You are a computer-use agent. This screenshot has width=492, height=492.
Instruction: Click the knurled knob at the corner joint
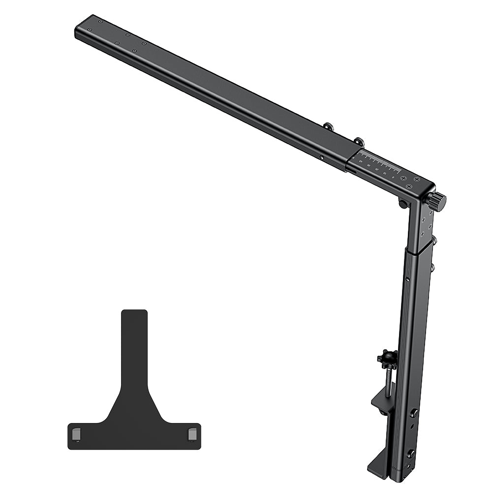[436, 201]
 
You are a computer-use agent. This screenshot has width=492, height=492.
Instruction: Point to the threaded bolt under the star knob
[388, 382]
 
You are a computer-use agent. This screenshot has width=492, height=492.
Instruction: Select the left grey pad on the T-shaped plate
[76, 433]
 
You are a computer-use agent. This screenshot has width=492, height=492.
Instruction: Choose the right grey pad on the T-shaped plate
[192, 433]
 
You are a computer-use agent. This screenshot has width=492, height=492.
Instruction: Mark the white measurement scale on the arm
[379, 161]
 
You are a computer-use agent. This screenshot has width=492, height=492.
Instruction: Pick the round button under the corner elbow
[403, 204]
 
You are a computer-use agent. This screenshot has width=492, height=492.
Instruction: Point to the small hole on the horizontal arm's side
[322, 157]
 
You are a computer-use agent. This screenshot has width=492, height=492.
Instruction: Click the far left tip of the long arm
[78, 31]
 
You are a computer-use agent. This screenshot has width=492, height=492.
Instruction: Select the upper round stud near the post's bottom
[414, 413]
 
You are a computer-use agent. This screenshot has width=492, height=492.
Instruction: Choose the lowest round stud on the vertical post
[410, 453]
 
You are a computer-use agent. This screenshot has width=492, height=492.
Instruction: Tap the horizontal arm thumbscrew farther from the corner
[328, 127]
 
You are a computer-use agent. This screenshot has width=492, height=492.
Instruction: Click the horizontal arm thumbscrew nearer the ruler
[359, 142]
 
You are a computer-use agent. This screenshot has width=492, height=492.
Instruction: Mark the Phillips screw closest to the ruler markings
[403, 178]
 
